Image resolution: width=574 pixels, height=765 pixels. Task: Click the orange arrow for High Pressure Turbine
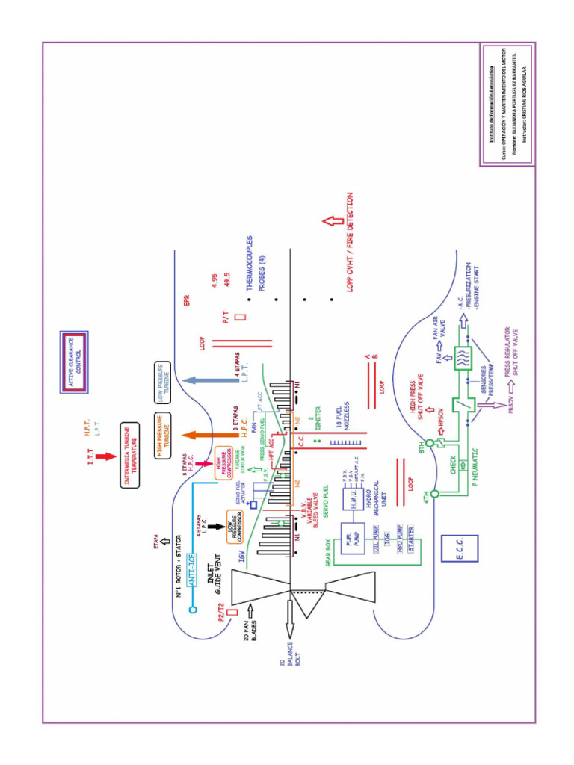click(x=199, y=435)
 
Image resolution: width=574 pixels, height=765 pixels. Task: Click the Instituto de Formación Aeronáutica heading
click(x=491, y=105)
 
